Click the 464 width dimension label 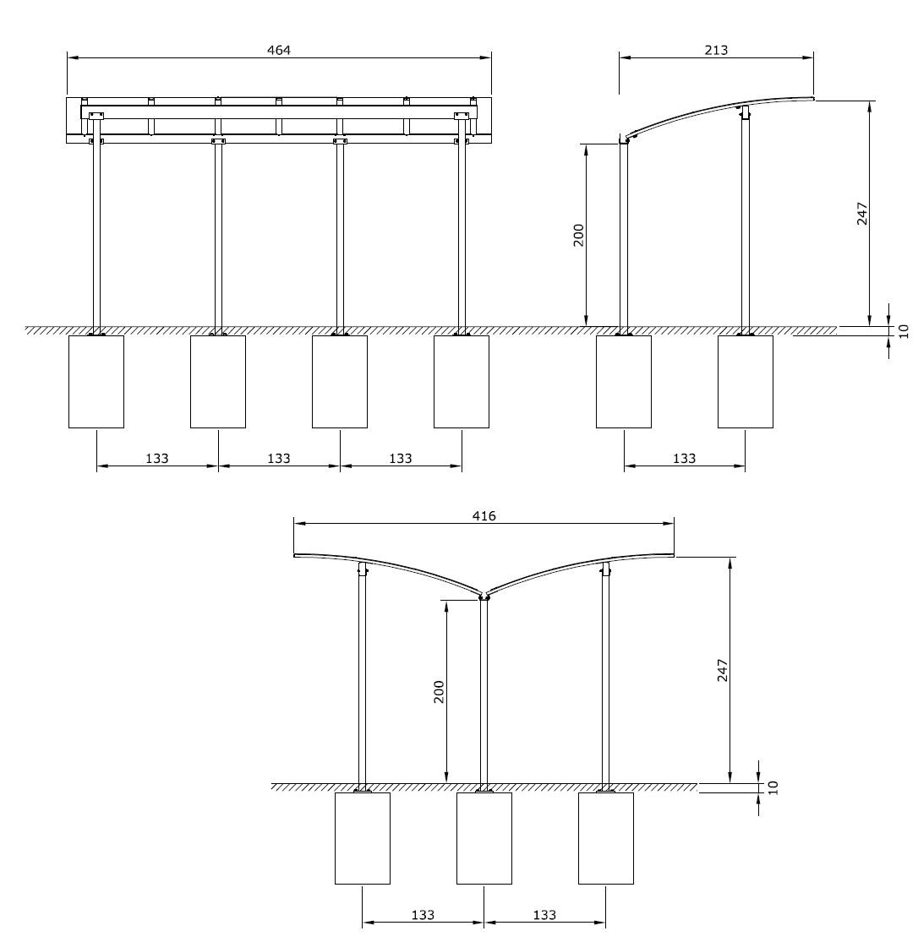(278, 50)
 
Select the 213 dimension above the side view (716, 50)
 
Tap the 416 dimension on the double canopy (484, 516)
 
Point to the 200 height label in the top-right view (578, 235)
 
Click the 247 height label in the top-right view (862, 214)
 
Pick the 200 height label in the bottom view (440, 691)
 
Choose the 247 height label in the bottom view (723, 671)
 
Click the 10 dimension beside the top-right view (904, 331)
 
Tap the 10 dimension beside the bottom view (773, 787)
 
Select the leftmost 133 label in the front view (157, 459)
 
